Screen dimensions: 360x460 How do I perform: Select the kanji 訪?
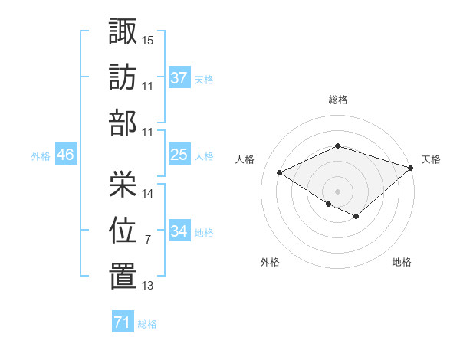click(x=123, y=77)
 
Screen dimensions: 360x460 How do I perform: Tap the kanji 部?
click(x=123, y=123)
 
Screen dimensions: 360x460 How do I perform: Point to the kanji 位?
click(x=123, y=230)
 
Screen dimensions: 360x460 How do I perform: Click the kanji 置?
click(x=123, y=277)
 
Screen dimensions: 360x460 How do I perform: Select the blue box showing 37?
click(x=179, y=77)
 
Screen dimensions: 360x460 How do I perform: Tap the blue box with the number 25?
click(x=179, y=155)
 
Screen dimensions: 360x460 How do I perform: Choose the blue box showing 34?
click(x=179, y=231)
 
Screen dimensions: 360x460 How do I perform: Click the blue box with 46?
click(x=65, y=155)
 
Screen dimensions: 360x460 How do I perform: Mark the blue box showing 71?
click(x=123, y=322)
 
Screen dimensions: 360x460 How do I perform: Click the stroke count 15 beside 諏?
click(x=148, y=39)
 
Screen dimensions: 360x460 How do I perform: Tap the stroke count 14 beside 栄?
click(x=148, y=193)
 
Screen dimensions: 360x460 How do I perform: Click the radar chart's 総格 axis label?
click(x=337, y=100)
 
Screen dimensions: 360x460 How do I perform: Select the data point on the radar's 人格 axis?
click(x=280, y=172)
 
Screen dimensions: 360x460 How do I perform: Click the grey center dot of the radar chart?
click(x=337, y=191)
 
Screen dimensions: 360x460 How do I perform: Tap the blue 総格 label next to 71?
click(x=147, y=324)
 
